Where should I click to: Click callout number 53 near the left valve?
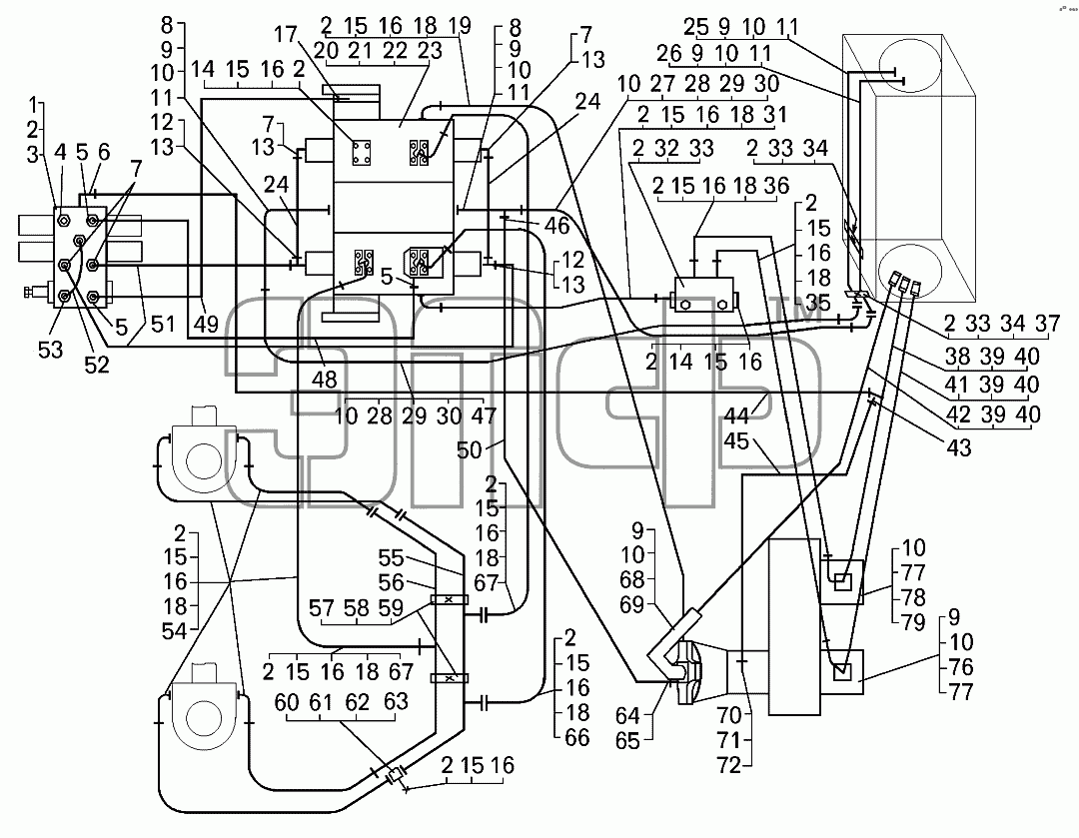[50, 350]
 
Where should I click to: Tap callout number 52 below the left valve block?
[97, 365]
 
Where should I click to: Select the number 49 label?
[206, 324]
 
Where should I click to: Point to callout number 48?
[324, 380]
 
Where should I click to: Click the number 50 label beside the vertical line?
[470, 449]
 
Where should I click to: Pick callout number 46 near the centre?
[557, 225]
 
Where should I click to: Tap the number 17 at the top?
[286, 34]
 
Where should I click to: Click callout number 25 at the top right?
[695, 27]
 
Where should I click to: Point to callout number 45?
[736, 440]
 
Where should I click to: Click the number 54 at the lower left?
[175, 631]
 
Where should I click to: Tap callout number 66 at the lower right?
[576, 737]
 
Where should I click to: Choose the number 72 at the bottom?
[728, 765]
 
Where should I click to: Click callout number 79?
[914, 622]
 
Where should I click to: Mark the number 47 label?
[484, 417]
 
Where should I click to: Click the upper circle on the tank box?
[908, 61]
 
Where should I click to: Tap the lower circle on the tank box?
[908, 271]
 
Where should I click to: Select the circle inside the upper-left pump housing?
[205, 460]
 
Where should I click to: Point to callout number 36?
[776, 186]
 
